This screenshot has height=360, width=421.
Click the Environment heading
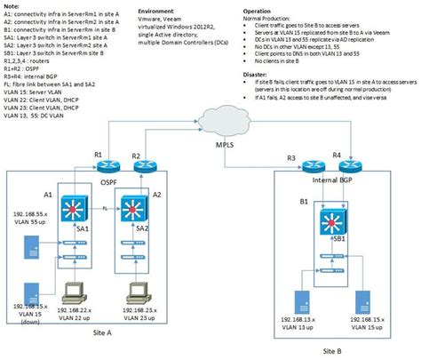click(161, 9)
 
